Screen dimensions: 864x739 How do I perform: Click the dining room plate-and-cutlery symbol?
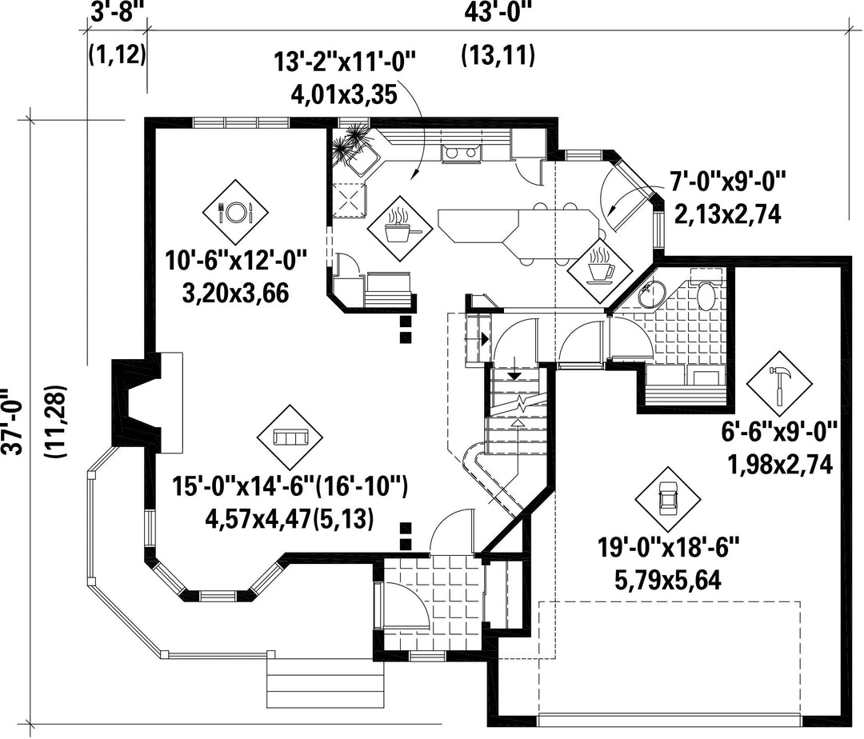point(235,212)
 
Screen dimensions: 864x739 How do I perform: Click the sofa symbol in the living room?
point(290,437)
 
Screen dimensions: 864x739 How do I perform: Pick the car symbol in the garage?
point(667,499)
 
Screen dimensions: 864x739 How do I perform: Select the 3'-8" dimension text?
point(118,12)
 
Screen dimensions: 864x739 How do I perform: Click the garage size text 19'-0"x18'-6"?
point(668,549)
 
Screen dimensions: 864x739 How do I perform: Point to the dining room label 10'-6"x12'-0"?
point(236,260)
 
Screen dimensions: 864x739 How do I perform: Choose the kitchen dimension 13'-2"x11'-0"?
point(344,62)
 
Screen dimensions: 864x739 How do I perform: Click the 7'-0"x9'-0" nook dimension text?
point(726,182)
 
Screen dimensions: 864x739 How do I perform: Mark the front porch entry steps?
point(325,682)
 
